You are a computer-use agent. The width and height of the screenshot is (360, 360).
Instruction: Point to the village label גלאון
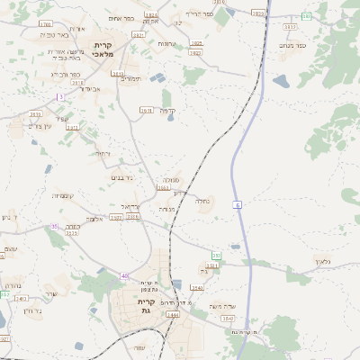point(324,261)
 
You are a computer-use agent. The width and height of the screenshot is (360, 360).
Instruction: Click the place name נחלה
point(203,202)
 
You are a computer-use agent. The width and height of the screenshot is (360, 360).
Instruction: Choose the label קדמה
point(166,112)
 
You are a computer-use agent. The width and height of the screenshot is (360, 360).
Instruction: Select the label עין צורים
point(42,126)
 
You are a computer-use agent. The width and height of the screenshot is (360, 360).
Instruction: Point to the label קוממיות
point(64,196)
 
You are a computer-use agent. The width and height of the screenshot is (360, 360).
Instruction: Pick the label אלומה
point(96,219)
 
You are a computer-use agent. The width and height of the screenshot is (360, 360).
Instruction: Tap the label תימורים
point(130,78)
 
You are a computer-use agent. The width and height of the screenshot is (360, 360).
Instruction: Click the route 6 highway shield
point(238,205)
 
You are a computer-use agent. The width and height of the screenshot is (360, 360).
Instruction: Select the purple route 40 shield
point(125,275)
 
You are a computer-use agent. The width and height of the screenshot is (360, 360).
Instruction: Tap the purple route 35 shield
point(54,227)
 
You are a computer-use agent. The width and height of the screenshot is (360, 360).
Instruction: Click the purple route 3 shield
point(60,96)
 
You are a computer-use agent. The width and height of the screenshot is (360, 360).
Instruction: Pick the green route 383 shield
point(306,16)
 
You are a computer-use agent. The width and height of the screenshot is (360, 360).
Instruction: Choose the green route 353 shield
point(216,256)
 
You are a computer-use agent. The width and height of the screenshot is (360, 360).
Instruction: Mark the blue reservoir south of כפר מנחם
point(282,83)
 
